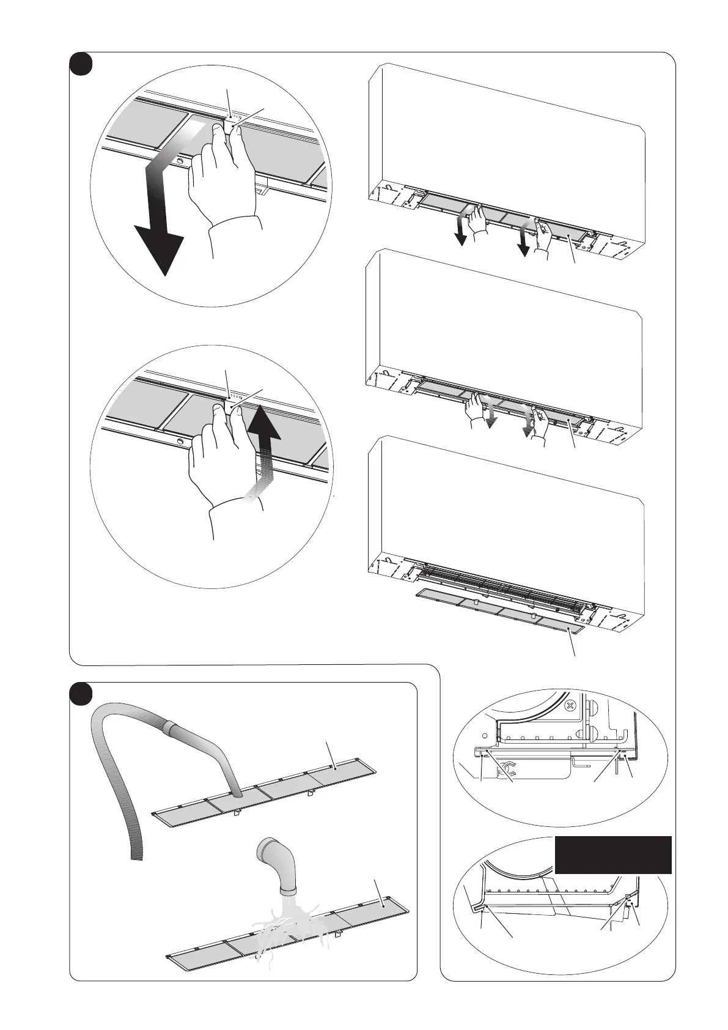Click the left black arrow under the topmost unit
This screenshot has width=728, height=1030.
pyautogui.click(x=459, y=235)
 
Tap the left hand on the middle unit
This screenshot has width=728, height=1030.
pyautogui.click(x=473, y=407)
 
